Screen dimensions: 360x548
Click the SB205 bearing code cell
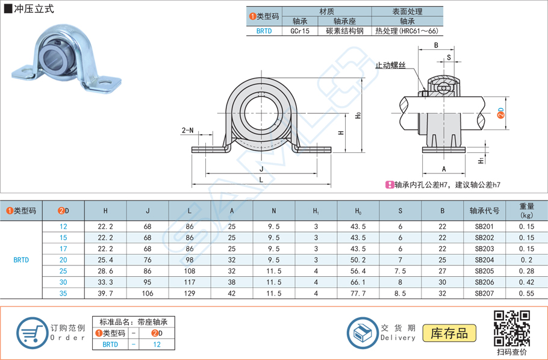tap(485, 271)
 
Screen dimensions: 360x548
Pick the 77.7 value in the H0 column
tap(358, 293)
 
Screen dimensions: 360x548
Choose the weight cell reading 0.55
tap(526, 293)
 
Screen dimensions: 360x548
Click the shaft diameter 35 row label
tap(63, 293)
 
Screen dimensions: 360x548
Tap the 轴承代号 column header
tap(485, 211)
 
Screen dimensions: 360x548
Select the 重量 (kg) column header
tap(526, 211)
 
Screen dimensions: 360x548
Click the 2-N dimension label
tap(188, 130)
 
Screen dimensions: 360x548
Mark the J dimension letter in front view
tap(261, 169)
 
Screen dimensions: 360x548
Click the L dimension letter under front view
tap(261, 179)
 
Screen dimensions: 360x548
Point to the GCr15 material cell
tap(300, 31)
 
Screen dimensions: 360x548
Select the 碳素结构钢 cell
tap(344, 31)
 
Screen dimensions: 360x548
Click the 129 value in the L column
tap(190, 293)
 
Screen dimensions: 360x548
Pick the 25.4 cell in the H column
tap(105, 259)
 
